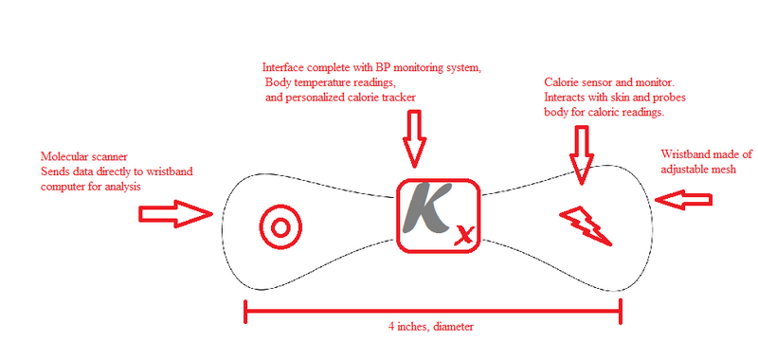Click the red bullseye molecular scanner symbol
[280, 225]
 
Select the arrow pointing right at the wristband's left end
[176, 212]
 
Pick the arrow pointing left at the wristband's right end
[686, 200]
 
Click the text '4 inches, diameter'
[430, 327]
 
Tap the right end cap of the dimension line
[620, 309]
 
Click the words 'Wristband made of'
[707, 154]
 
